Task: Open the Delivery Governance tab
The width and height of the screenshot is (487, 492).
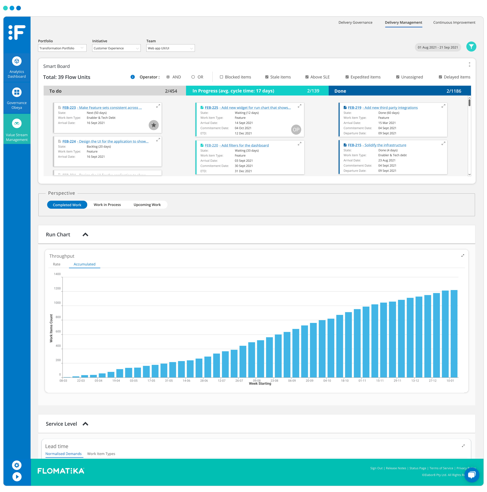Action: click(355, 22)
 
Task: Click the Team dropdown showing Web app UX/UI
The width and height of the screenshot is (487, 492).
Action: click(170, 48)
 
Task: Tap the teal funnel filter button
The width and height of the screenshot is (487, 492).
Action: click(471, 47)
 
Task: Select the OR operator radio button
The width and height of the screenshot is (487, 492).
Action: click(193, 77)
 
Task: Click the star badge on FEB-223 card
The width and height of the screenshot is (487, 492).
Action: click(153, 125)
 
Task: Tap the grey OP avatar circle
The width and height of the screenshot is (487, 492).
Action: click(296, 130)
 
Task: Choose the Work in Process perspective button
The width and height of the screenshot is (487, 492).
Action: click(107, 205)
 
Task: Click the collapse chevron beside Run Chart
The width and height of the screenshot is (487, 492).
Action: click(85, 235)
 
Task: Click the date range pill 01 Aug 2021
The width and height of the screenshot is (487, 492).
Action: click(437, 47)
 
